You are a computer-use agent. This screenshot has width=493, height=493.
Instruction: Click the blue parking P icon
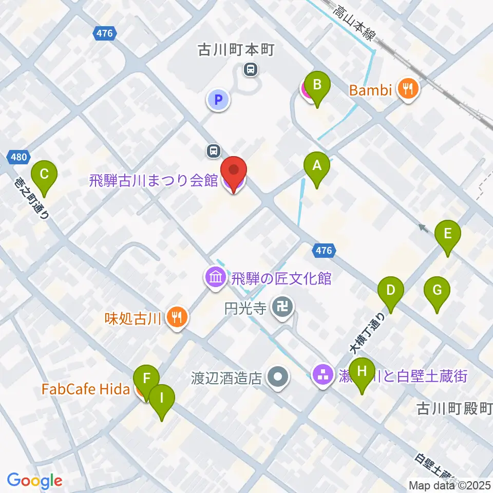218,99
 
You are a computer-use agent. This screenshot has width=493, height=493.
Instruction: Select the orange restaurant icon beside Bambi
409,90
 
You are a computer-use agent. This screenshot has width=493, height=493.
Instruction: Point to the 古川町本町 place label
237,50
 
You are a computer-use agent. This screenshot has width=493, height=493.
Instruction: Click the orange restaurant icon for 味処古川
177,318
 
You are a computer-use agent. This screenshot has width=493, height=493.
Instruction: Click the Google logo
34,481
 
